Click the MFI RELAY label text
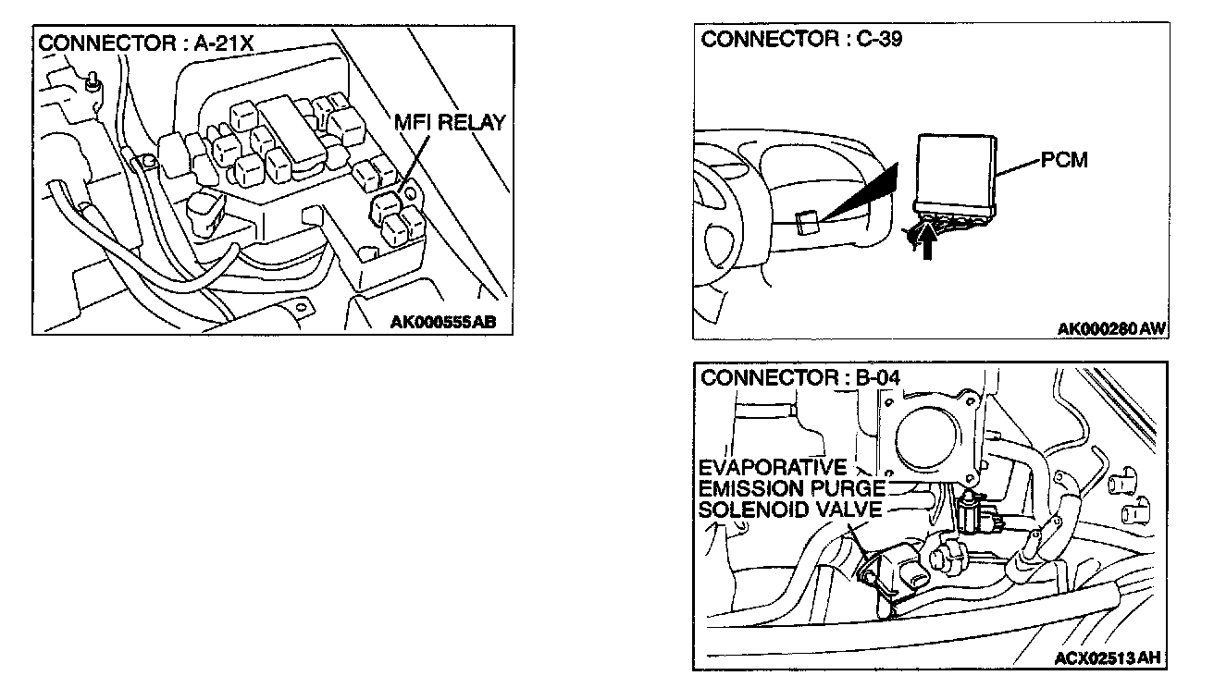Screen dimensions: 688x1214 pos(450,122)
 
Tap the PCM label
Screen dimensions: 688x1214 pos(1064,160)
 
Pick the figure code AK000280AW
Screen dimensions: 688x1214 pos(1111,328)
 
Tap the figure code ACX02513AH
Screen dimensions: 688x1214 pos(1107,658)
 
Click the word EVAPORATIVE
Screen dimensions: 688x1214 pos(773,467)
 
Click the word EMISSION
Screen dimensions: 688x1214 pos(748,488)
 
